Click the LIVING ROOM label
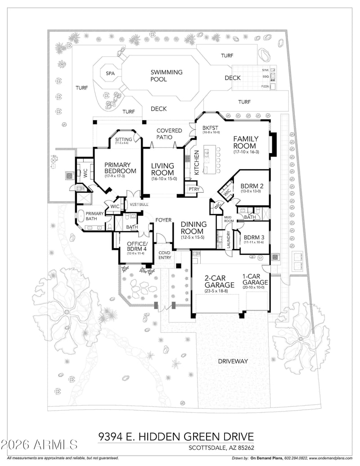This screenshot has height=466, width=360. coord(162,169)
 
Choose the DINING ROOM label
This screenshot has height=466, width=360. coord(193,227)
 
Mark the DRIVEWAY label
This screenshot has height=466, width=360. coord(233,361)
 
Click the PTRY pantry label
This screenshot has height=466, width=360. coord(194,189)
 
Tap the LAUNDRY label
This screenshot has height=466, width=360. coord(229,240)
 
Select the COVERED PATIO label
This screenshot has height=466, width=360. coord(169,133)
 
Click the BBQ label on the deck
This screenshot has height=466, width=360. coord(265,77)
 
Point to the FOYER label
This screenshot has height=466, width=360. coord(162,220)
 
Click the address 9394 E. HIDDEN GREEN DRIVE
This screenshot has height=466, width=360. coord(176,436)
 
